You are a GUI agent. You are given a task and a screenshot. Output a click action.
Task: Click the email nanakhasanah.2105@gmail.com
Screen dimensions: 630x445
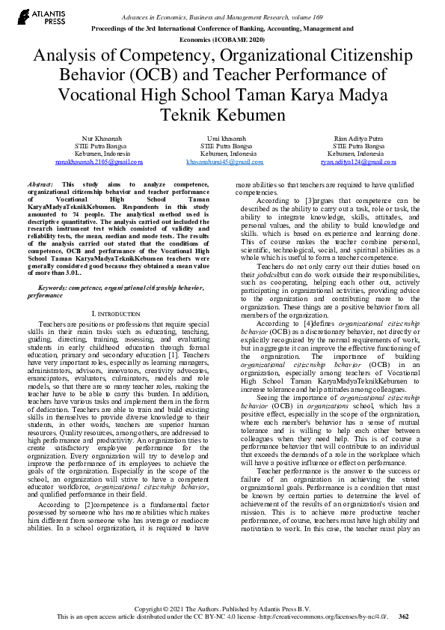click(x=98, y=162)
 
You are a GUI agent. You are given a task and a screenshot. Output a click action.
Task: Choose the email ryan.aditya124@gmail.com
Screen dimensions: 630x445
click(x=348, y=162)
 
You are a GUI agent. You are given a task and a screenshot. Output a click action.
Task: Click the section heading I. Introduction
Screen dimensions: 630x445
click(x=115, y=313)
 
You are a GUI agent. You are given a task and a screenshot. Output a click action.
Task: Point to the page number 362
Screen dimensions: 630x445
click(x=404, y=617)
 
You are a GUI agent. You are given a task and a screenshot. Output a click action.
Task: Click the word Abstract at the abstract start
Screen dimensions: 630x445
click(x=40, y=184)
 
